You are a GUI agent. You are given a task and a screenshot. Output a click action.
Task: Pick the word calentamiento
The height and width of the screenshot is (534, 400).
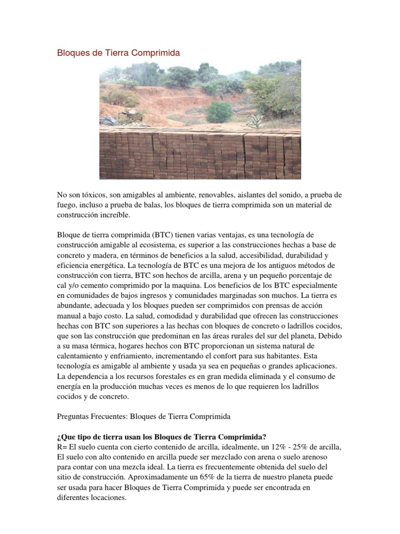tap(81, 356)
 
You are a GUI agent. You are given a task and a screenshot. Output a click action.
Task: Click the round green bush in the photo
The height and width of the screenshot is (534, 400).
tap(219, 112)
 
